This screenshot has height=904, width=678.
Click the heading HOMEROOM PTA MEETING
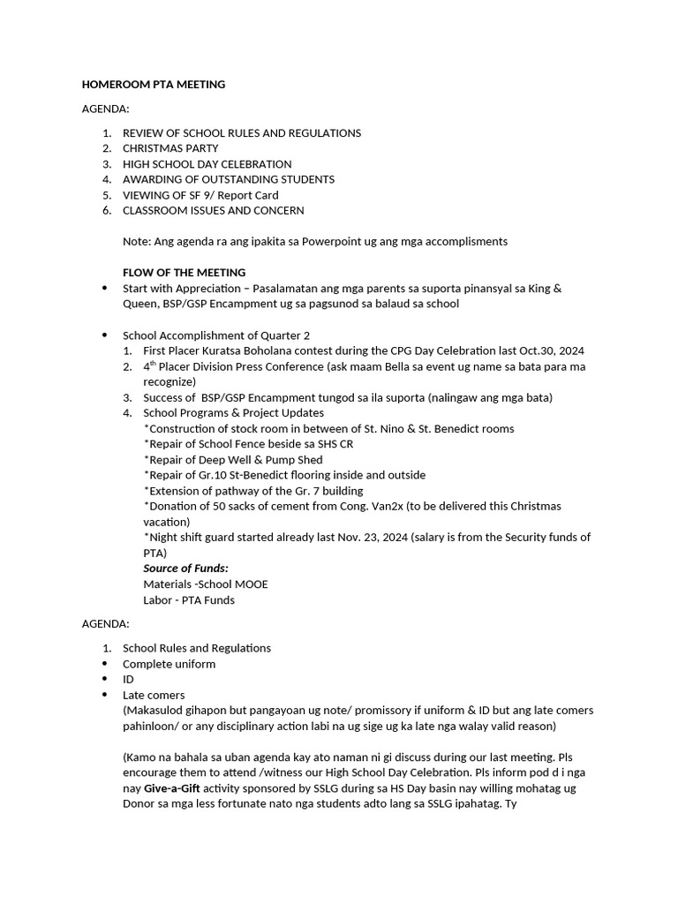pos(153,85)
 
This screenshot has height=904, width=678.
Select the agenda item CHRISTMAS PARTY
pos(170,148)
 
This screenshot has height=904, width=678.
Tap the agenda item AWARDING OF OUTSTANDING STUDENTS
pos(229,179)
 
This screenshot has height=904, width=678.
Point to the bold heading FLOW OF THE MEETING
pos(184,272)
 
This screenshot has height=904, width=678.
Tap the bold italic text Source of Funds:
pos(185,569)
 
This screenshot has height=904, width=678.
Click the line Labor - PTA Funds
pos(189,600)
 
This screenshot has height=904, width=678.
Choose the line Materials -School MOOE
pos(206,584)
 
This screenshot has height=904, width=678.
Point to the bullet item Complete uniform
pos(169,664)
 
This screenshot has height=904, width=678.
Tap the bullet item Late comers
pos(154,695)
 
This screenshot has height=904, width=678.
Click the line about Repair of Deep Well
pos(233,460)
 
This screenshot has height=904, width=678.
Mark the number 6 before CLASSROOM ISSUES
pos(105,210)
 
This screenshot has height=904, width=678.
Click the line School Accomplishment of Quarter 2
pos(216,335)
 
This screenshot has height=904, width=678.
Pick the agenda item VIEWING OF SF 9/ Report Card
pos(200,195)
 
